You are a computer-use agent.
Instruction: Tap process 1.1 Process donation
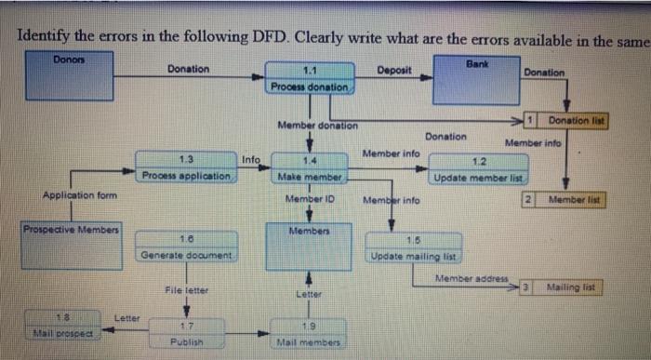click(310, 78)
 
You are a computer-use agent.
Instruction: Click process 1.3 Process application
click(185, 167)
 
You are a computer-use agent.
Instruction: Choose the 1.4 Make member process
click(310, 168)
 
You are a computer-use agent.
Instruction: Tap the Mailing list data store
click(566, 287)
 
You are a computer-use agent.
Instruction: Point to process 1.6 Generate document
click(186, 247)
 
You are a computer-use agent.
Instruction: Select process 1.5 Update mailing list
click(414, 248)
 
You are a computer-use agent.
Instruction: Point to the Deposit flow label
click(396, 69)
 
